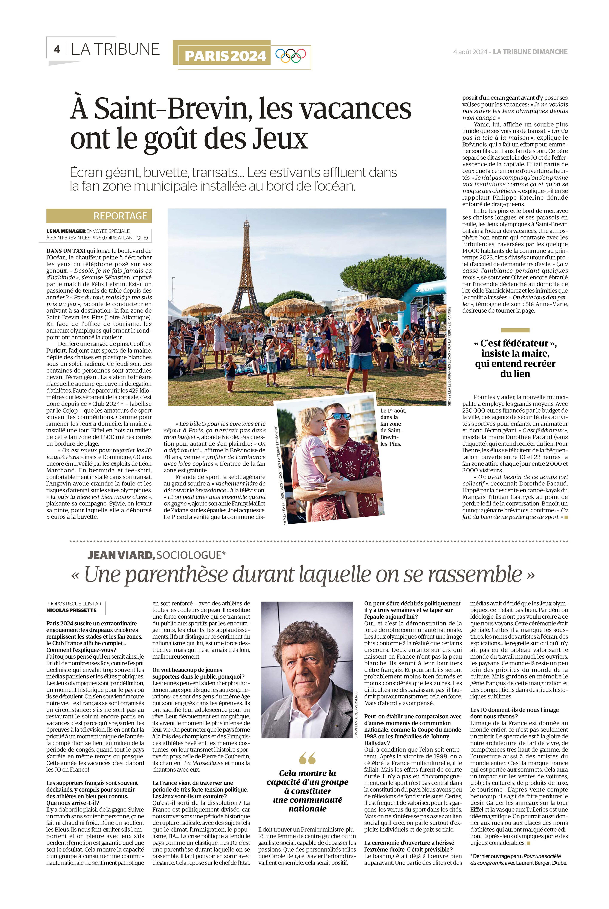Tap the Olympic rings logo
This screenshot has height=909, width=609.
pos(290,55)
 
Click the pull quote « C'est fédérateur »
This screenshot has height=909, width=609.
pos(515,358)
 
